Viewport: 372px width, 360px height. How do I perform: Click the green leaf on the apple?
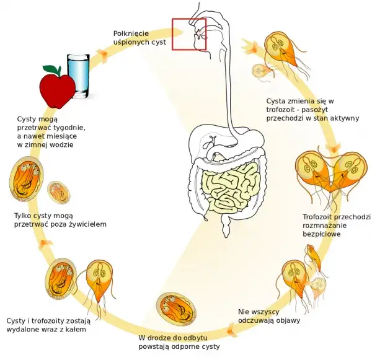[x=51, y=68]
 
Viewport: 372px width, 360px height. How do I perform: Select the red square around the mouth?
[x=188, y=33]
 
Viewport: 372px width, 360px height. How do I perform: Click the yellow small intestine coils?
[x=229, y=186]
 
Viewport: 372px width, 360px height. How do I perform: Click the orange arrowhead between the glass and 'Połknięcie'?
[x=101, y=55]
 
